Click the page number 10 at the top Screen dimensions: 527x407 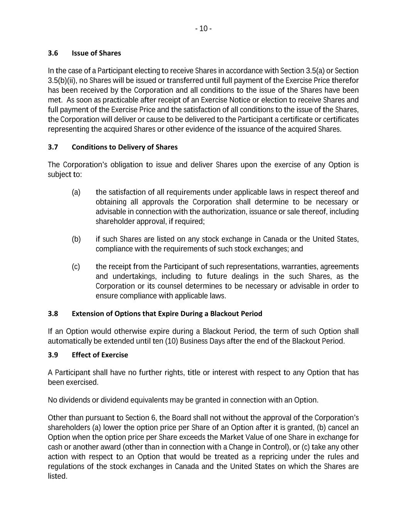(203, 29)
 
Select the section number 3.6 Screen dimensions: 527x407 (53, 53)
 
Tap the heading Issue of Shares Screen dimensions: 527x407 (96, 53)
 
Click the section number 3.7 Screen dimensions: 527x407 (53, 147)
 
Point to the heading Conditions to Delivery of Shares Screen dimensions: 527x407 (125, 147)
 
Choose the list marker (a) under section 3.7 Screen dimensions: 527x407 (76, 192)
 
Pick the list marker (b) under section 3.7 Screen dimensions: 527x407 (76, 239)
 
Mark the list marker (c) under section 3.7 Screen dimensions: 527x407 (76, 267)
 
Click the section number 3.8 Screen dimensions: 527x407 (53, 313)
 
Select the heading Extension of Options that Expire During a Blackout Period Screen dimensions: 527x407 (167, 313)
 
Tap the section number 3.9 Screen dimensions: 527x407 (53, 355)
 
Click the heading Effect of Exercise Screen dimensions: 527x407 (100, 355)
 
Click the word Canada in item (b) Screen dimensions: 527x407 (275, 239)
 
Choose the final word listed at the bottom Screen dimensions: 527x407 (57, 476)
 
